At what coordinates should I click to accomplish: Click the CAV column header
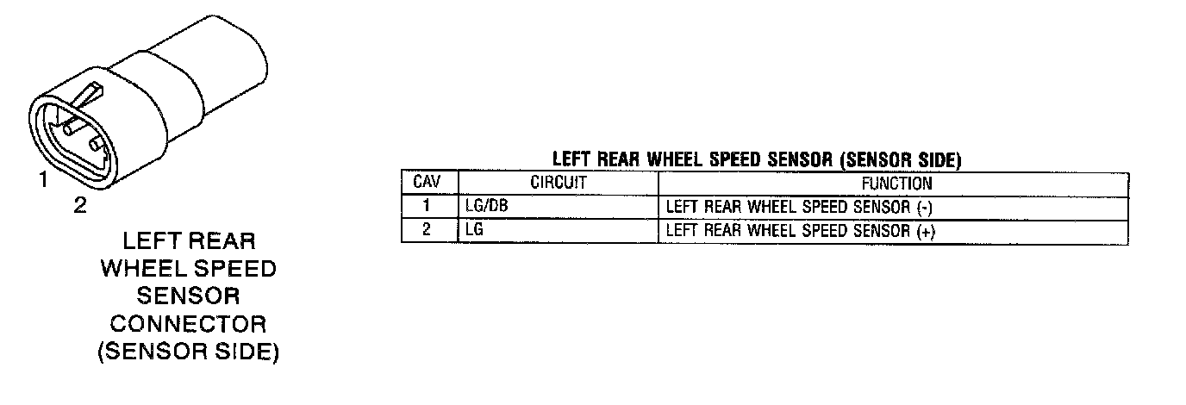tap(428, 183)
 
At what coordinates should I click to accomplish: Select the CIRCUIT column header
tap(558, 183)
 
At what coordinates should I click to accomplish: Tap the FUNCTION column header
tap(896, 183)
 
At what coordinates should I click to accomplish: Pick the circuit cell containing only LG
tap(473, 231)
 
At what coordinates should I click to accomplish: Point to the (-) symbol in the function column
tap(926, 208)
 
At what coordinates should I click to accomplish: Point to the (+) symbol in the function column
tap(927, 231)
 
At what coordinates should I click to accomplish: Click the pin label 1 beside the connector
tap(41, 180)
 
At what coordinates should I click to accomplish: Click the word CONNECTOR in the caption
tap(188, 324)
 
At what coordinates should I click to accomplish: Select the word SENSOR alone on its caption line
tap(188, 296)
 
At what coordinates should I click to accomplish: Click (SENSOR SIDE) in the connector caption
tap(188, 352)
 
